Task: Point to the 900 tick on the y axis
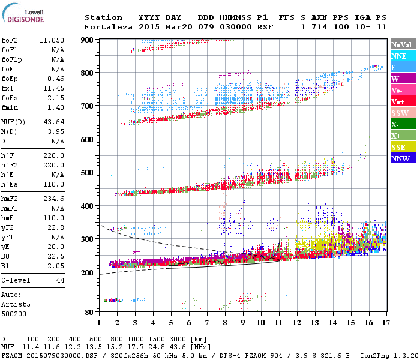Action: pos(87,40)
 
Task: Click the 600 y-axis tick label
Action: pos(87,139)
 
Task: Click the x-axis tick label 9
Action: pos(243,322)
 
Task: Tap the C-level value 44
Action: pos(59,280)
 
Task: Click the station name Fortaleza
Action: pos(108,27)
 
